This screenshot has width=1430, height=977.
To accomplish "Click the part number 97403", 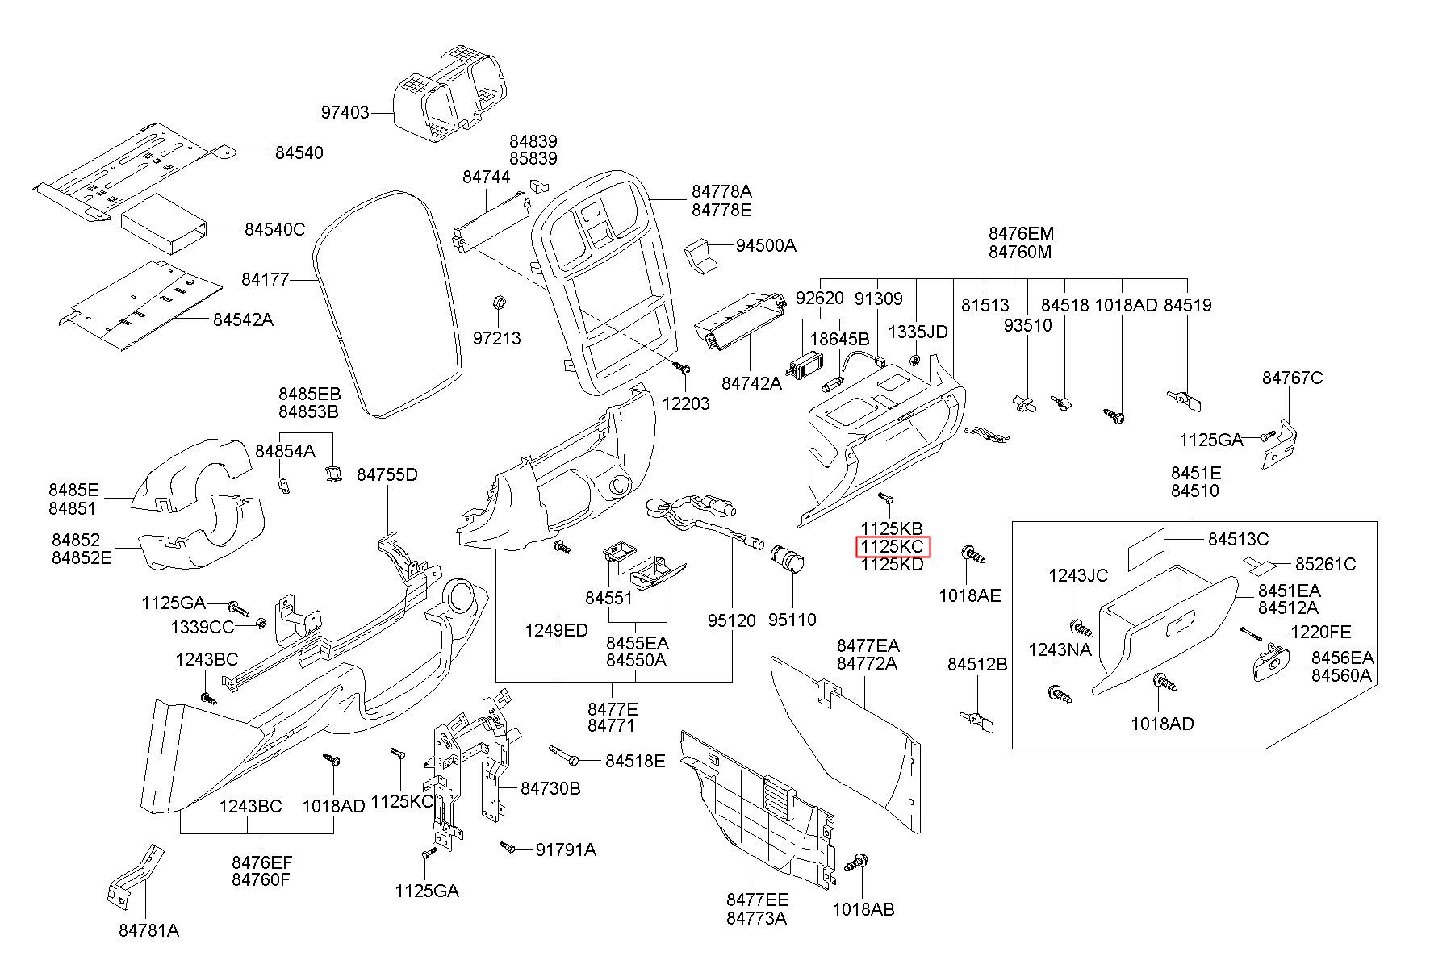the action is click(x=345, y=112).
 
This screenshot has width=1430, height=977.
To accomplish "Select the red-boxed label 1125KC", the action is click(x=893, y=547).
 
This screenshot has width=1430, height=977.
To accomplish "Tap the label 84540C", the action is click(x=275, y=230).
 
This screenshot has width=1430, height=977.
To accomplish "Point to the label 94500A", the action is click(x=766, y=245).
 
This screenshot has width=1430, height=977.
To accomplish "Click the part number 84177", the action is click(x=265, y=280).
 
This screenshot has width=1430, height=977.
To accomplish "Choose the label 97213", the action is click(x=496, y=338).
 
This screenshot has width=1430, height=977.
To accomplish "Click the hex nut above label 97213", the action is click(x=498, y=303).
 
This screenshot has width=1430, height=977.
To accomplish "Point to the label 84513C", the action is click(x=1238, y=539).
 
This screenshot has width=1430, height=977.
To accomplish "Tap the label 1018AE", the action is click(x=969, y=595).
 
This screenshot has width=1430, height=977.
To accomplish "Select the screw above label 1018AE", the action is click(x=973, y=555).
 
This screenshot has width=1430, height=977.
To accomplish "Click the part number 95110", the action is click(x=792, y=620).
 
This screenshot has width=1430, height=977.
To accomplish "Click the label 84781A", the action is click(x=148, y=930).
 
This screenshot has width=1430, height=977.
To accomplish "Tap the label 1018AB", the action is click(x=863, y=909).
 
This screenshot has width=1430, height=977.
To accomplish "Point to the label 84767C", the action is click(x=1293, y=378).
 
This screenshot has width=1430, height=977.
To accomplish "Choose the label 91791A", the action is click(x=566, y=850).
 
